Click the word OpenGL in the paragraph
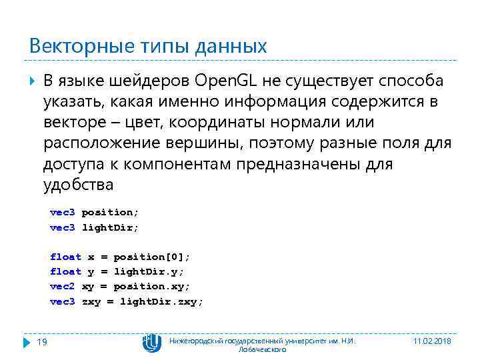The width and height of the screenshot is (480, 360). click(x=227, y=81)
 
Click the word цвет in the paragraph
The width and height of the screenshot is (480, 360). click(x=154, y=122)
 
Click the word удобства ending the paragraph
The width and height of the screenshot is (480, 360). click(x=79, y=184)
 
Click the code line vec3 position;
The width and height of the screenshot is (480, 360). click(x=95, y=212)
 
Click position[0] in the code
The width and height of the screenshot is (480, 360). click(x=151, y=257)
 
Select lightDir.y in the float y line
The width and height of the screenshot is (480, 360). click(x=148, y=271)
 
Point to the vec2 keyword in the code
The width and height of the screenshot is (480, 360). click(x=63, y=286)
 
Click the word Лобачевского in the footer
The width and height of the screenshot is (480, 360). click(x=262, y=349)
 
